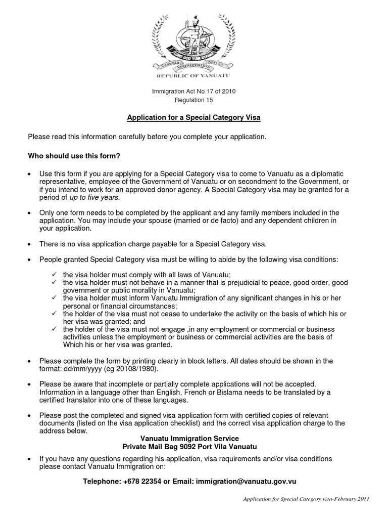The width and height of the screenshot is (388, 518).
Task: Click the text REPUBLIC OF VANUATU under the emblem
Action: [194, 76]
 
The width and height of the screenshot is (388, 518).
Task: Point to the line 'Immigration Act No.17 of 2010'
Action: [194, 92]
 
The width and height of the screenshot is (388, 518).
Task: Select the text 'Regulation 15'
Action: [194, 100]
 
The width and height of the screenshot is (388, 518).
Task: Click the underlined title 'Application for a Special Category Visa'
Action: [193, 118]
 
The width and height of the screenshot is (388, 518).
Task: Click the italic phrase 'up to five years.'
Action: [96, 197]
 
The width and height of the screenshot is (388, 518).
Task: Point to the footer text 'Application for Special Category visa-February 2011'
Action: [306, 499]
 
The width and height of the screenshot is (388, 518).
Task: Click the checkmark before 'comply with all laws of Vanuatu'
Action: [54, 274]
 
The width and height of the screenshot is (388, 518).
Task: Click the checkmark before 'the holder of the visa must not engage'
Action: [54, 329]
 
